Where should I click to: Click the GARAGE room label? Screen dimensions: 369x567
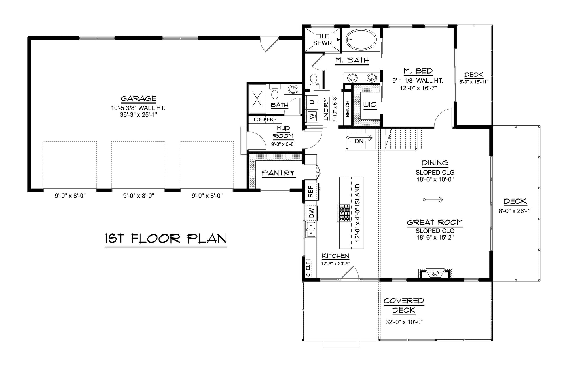[138, 98]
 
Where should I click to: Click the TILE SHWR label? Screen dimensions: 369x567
[322, 40]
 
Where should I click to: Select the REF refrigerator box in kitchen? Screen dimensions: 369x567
[311, 191]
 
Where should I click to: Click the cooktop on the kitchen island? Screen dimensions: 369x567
[343, 213]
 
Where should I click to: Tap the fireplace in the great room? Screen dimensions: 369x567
[435, 273]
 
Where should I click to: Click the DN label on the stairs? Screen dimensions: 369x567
[359, 141]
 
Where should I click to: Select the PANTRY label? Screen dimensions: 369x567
[278, 173]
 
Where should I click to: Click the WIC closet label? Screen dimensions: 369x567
[370, 105]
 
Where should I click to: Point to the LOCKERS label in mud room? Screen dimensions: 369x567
[265, 119]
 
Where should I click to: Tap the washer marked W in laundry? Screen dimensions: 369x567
[312, 116]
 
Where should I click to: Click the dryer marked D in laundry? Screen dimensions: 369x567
[312, 102]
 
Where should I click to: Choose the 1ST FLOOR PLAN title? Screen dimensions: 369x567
[166, 239]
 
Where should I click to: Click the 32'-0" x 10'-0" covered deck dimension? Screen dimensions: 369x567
[404, 322]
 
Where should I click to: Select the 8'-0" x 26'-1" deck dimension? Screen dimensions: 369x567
[515, 211]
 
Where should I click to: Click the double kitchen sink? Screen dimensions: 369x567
[311, 229]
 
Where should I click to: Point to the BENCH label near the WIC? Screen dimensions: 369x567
[347, 109]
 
